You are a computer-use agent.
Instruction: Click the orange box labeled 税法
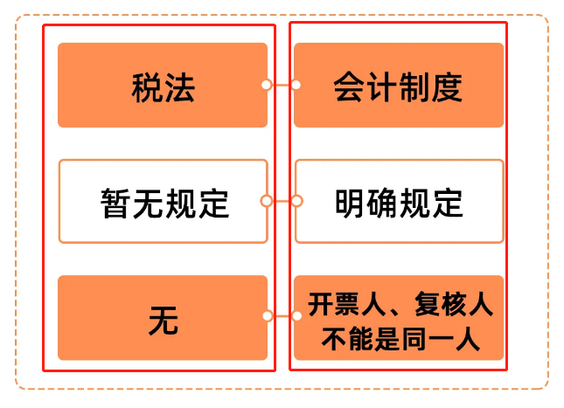point(163,86)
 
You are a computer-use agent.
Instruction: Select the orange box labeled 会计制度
point(399,86)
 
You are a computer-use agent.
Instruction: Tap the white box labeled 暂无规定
point(163,201)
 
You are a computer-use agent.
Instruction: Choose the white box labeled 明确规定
point(399,201)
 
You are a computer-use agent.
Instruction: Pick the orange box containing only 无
point(163,317)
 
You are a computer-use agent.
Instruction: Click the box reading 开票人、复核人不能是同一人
point(399,317)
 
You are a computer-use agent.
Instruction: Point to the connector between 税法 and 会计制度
point(281,86)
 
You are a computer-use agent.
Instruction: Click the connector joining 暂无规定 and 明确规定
point(281,201)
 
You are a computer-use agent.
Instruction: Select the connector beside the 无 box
point(281,317)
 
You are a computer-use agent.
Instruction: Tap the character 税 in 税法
point(147,88)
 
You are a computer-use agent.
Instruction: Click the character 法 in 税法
point(179,88)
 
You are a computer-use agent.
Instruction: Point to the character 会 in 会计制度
point(349,88)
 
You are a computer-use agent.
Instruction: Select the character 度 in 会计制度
point(448,88)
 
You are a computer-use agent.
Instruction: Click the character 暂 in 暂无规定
point(115,204)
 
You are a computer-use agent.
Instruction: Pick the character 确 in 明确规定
point(382,204)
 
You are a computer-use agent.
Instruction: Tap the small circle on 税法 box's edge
point(266,86)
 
